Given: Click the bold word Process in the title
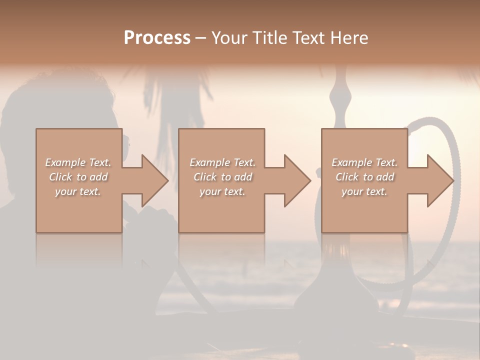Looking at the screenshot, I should [x=157, y=37].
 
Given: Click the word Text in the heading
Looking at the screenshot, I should [x=308, y=37].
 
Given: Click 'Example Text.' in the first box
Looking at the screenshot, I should [x=78, y=162].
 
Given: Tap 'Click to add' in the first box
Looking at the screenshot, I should [x=78, y=177].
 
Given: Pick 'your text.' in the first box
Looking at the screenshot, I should [x=78, y=191].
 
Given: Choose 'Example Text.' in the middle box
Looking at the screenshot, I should [x=222, y=162].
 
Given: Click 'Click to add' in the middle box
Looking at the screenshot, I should [x=222, y=177].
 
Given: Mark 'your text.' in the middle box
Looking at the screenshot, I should [x=222, y=191].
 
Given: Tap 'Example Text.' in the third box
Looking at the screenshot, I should [x=364, y=162].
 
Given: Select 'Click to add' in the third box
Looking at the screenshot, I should [x=364, y=177].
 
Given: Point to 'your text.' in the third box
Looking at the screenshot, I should [x=364, y=191].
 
